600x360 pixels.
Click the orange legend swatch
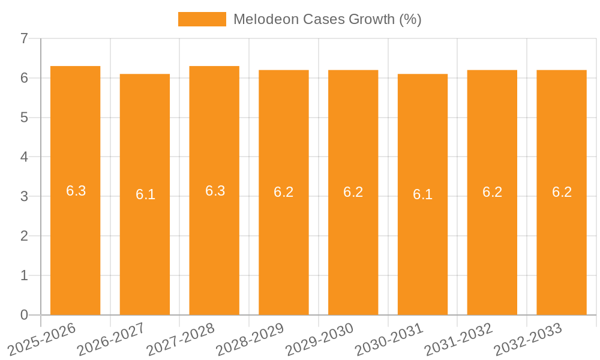202,19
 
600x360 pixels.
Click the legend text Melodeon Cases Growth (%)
327,19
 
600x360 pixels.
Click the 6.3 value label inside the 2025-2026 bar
76,191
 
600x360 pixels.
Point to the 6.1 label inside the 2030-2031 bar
422,194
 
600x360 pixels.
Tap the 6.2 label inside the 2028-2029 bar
283,192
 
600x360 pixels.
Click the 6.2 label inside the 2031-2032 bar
492,192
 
